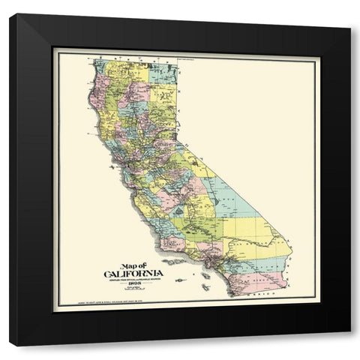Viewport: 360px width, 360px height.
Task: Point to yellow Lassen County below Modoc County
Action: [x=160, y=101]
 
